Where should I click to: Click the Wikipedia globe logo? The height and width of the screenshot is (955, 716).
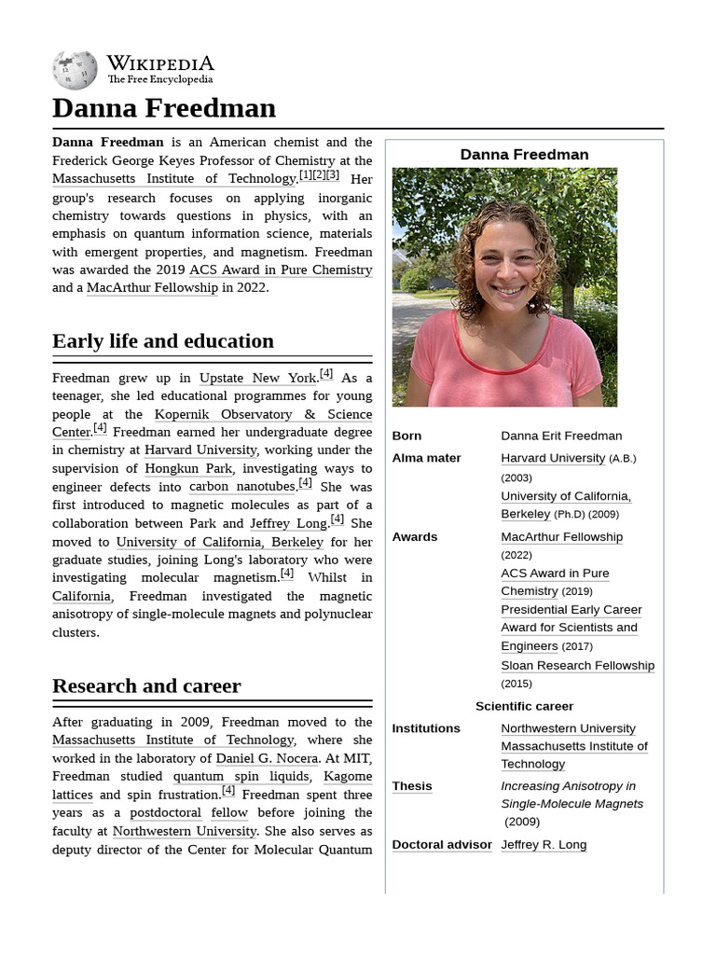(x=75, y=70)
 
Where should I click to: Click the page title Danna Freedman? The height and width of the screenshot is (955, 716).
(x=164, y=108)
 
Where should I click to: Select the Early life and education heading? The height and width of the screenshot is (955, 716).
(x=163, y=341)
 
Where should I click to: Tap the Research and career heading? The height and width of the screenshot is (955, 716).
(x=146, y=686)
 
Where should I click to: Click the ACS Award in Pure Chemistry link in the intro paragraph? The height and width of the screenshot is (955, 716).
(x=281, y=270)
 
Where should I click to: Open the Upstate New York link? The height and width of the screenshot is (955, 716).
(x=258, y=378)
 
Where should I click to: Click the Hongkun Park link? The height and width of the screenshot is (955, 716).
(x=188, y=468)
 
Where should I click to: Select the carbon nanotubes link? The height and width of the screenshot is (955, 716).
(x=241, y=487)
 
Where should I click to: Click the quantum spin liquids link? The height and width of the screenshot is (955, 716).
(x=241, y=776)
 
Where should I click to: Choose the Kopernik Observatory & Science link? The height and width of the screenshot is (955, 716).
(x=263, y=414)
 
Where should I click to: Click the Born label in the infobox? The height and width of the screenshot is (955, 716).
(x=406, y=436)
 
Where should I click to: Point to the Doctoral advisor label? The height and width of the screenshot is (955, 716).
(x=442, y=845)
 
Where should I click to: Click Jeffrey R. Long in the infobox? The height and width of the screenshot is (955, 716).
(x=544, y=845)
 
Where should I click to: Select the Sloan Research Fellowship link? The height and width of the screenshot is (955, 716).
(x=577, y=666)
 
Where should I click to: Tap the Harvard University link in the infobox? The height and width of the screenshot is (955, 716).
(x=553, y=458)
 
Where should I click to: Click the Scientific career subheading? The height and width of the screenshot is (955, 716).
(x=524, y=706)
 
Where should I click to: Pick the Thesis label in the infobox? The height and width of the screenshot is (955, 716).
(x=412, y=786)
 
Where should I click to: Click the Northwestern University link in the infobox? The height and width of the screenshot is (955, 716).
(x=568, y=728)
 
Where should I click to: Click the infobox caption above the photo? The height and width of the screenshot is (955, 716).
(x=524, y=155)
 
